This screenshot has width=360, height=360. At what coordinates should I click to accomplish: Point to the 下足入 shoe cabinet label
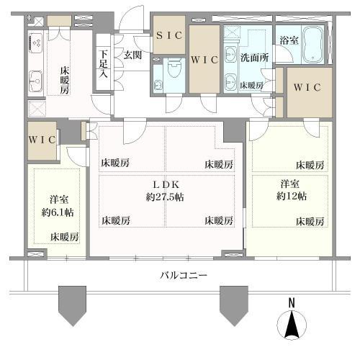(104, 63)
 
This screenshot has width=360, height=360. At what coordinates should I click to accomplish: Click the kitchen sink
(36, 79)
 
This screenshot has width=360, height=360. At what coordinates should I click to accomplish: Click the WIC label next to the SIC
(204, 60)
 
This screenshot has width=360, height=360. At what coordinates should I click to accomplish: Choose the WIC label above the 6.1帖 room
(42, 140)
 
